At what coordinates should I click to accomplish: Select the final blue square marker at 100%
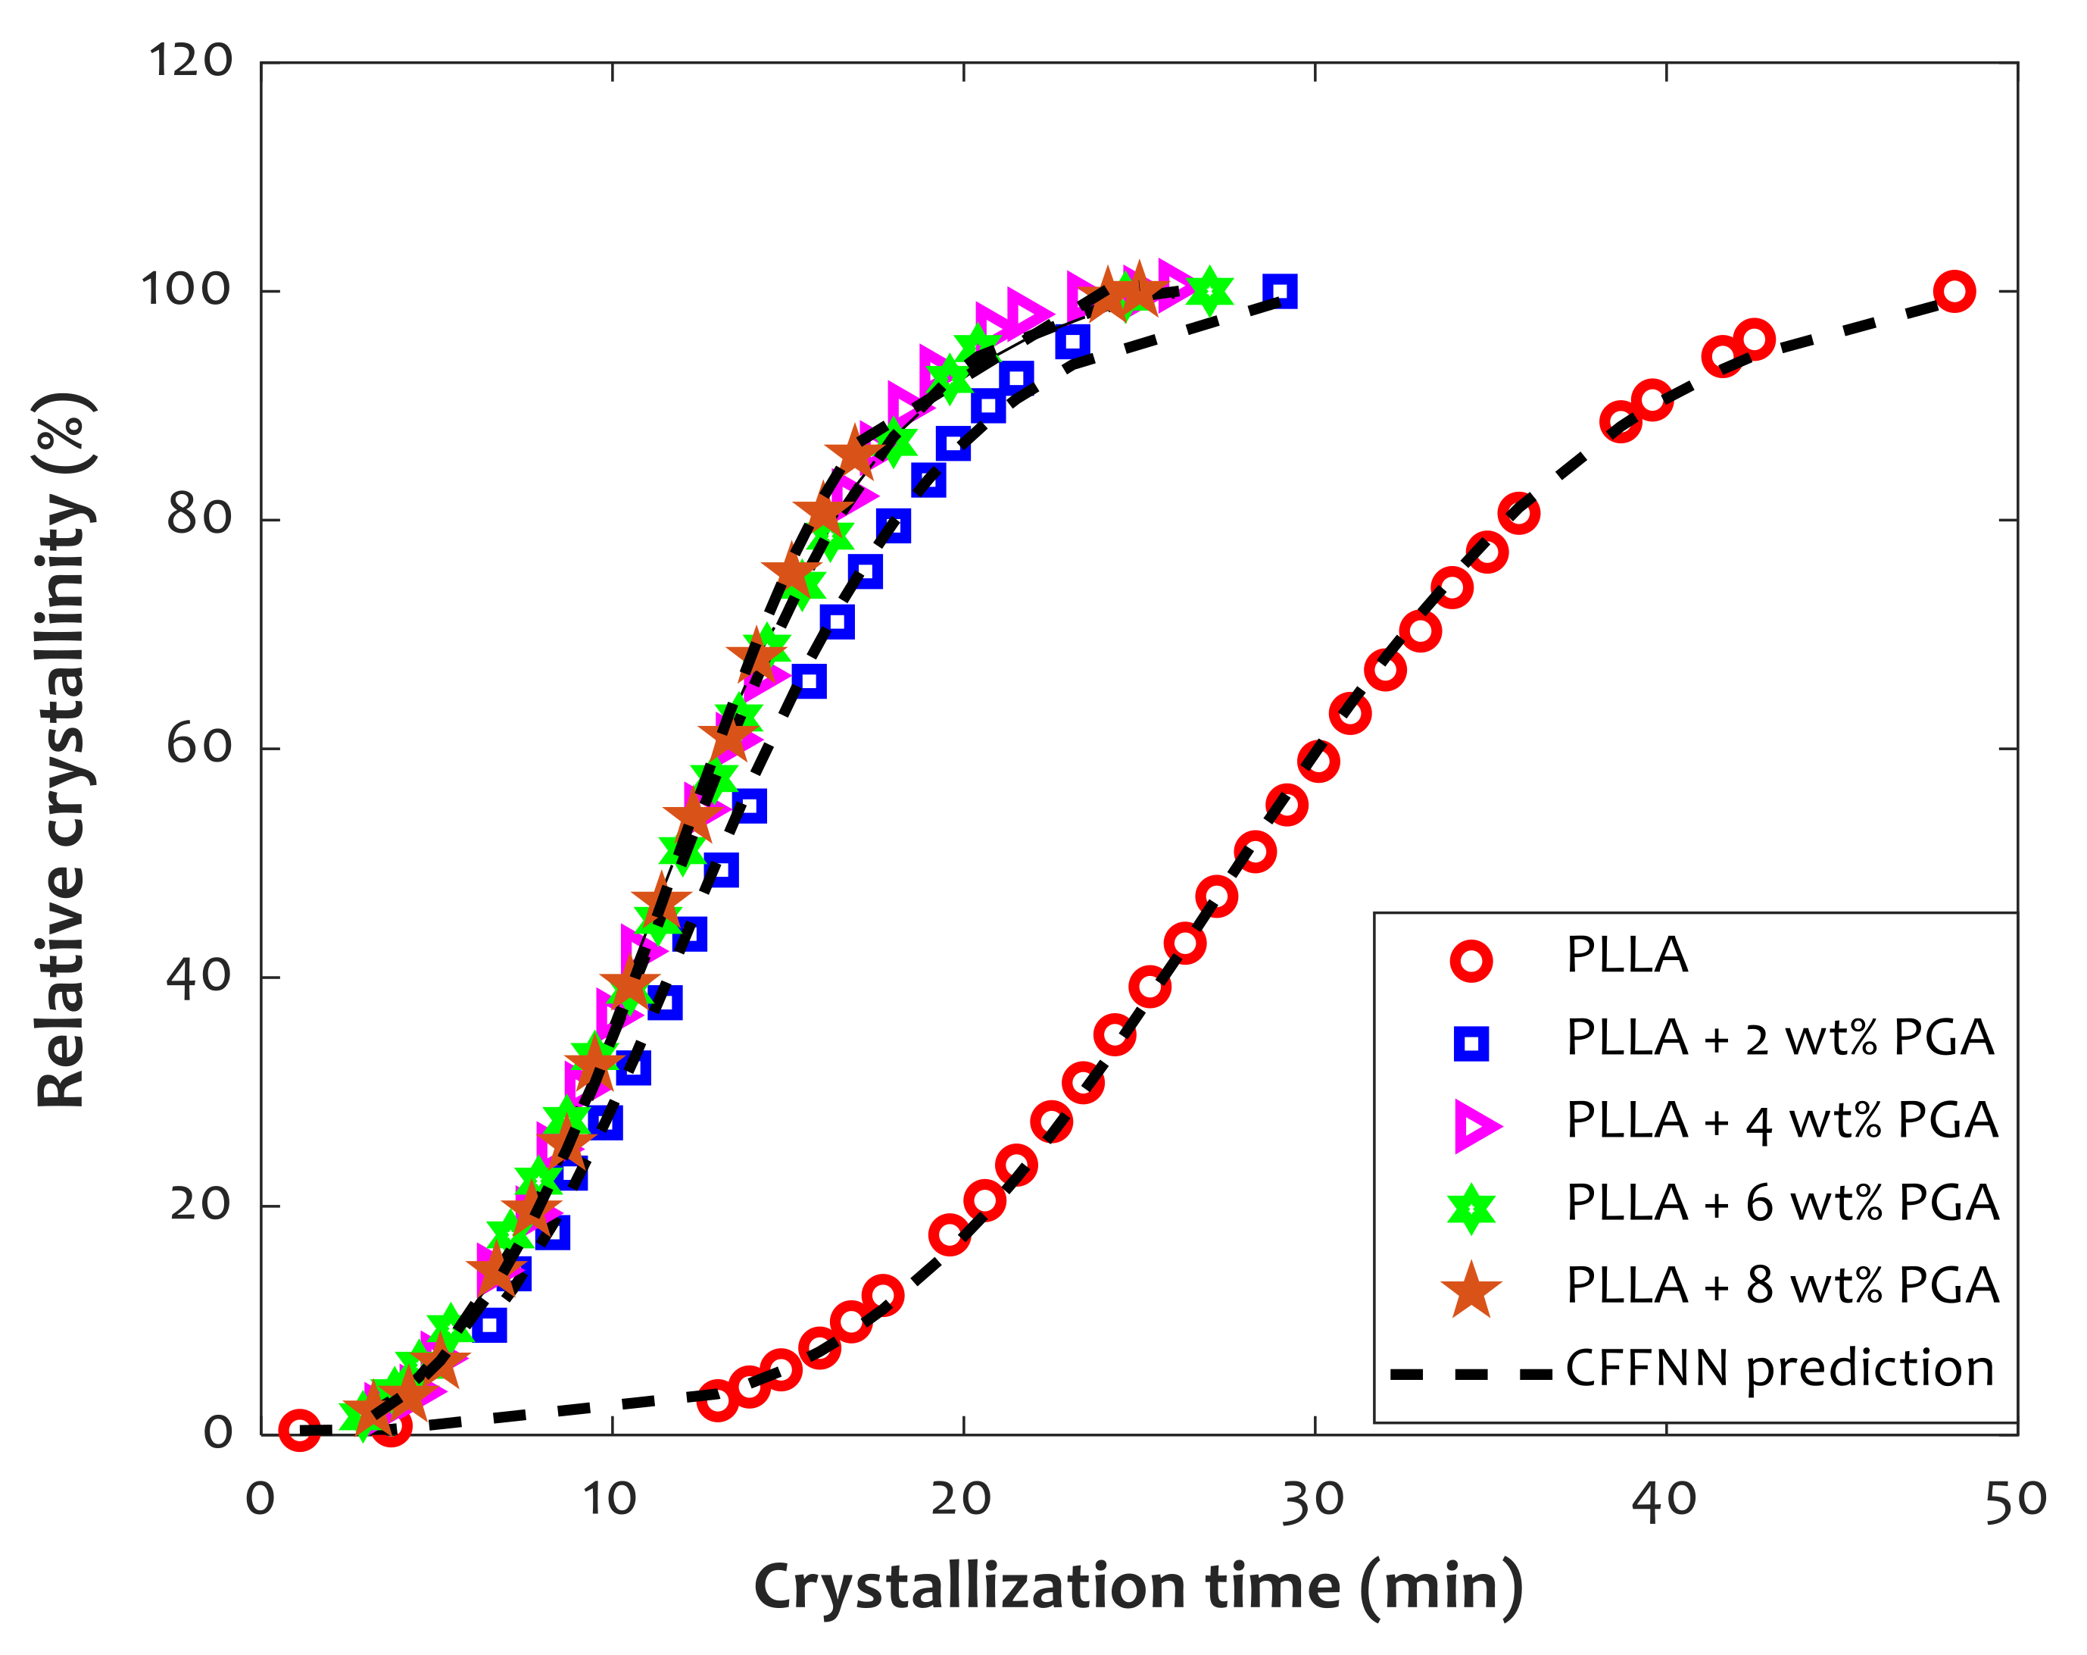(x=1280, y=290)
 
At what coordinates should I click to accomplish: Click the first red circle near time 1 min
(x=299, y=1429)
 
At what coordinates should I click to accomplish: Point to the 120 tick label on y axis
(x=191, y=61)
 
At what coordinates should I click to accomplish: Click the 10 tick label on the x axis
(x=610, y=1500)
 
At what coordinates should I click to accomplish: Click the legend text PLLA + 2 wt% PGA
(x=1780, y=1038)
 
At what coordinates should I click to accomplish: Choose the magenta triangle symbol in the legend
(x=1474, y=1126)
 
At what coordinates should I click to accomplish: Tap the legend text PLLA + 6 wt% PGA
(x=1781, y=1203)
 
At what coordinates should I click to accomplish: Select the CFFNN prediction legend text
(x=1780, y=1369)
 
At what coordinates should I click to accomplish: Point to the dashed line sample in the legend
(x=1471, y=1374)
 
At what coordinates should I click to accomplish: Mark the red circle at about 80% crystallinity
(x=1518, y=513)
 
